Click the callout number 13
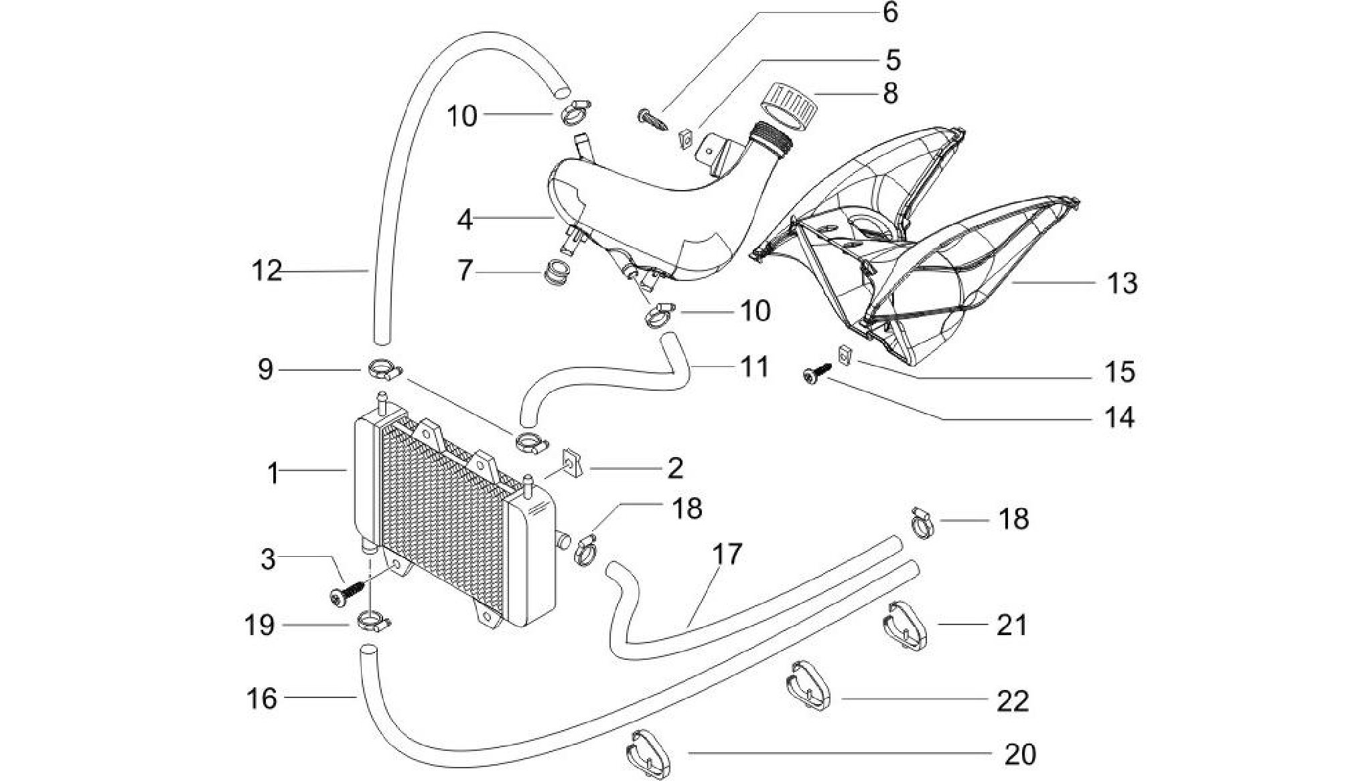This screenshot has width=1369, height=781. point(1122,283)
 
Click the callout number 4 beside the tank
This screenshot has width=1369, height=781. point(465,219)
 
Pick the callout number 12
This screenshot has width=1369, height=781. point(267,270)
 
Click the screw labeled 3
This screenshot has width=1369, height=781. point(349,592)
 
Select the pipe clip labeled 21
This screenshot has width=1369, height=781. point(905,626)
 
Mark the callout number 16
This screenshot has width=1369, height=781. point(261,698)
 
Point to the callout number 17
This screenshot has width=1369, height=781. point(727,553)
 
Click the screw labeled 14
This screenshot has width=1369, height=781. point(817,373)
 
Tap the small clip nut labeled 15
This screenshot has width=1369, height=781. point(845,355)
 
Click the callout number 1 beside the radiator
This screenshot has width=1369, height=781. point(273,473)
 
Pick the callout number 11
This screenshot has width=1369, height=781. point(754,367)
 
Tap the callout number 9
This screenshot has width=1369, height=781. point(266,369)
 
